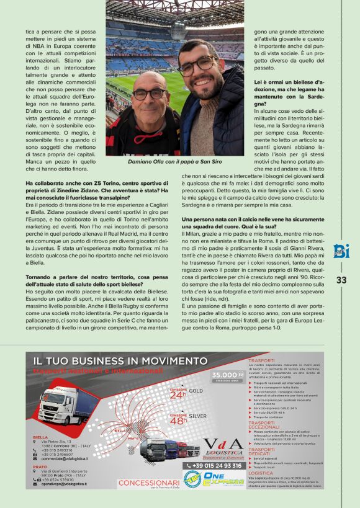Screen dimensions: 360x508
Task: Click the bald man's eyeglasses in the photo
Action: point(149,94)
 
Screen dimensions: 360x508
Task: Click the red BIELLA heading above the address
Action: point(40,436)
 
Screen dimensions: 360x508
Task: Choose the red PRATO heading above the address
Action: point(40,466)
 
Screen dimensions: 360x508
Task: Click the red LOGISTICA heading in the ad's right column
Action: point(261,473)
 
